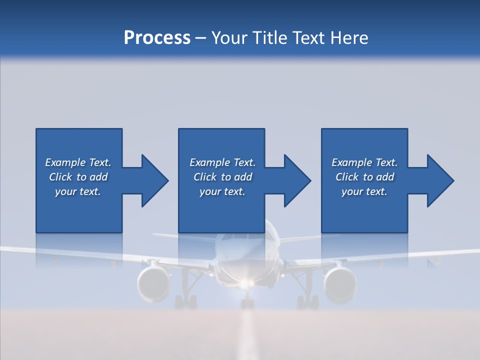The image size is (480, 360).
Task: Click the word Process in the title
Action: click(157, 38)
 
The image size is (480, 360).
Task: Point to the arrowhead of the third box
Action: click(439, 180)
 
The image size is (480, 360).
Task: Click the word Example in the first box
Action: click(65, 162)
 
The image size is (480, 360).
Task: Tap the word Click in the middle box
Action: click(205, 177)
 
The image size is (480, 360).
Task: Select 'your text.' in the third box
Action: click(364, 191)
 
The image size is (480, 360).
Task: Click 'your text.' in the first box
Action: click(77, 191)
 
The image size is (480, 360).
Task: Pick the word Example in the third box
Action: click(352, 162)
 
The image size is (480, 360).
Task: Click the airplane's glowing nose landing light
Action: click(244, 284)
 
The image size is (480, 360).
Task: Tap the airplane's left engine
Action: click(153, 283)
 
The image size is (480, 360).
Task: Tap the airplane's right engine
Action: click(340, 284)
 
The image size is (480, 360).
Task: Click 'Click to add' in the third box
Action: click(364, 177)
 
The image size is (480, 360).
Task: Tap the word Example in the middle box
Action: click(210, 162)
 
